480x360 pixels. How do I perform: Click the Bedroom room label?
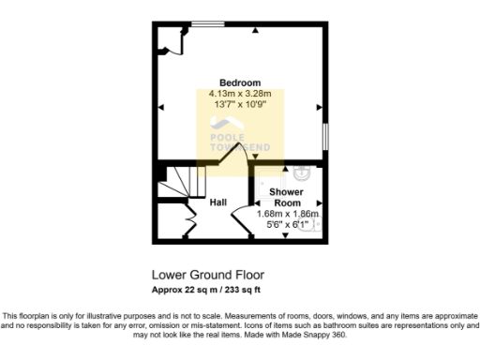(240, 82)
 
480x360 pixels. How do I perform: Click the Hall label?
(218, 202)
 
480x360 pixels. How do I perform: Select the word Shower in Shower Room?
(285, 191)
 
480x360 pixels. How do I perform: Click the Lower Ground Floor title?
(207, 276)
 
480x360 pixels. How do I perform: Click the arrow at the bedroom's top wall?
(255, 32)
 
